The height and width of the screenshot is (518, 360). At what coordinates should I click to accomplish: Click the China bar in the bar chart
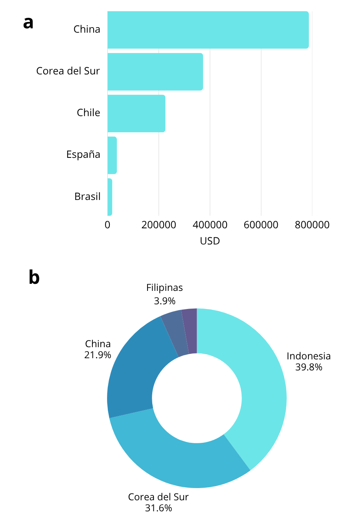tap(208, 30)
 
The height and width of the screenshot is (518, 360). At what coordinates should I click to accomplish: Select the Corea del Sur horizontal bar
tap(155, 72)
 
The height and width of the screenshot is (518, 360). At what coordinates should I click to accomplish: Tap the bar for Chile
tap(136, 113)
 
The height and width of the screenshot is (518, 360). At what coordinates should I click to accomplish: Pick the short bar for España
tap(112, 155)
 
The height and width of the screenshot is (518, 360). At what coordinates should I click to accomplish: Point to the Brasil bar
tap(110, 197)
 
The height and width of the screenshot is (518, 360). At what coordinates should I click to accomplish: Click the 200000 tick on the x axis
tap(159, 225)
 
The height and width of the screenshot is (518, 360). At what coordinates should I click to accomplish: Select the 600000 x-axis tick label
tap(261, 225)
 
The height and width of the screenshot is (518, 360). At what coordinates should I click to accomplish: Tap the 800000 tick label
tap(312, 225)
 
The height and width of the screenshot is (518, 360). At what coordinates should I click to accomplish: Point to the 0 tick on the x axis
tap(107, 225)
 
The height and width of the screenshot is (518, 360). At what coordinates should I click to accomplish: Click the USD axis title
tap(210, 241)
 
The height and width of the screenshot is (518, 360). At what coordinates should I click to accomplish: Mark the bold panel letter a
tap(28, 23)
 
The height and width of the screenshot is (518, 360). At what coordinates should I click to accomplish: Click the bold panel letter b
tap(34, 278)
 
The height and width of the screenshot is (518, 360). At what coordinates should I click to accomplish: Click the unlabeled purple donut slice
tap(190, 331)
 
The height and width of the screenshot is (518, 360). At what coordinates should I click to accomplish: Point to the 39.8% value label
tap(309, 367)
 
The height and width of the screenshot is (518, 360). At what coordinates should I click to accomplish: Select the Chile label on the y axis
tap(89, 113)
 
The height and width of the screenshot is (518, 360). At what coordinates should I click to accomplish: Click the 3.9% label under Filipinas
tap(164, 301)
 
